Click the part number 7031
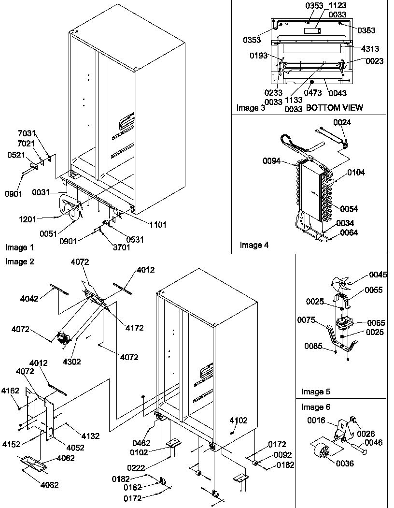click(27, 134)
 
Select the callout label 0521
click(16, 155)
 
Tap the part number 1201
click(28, 219)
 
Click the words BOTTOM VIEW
click(335, 107)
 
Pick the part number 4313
click(369, 49)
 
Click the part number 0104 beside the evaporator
click(356, 172)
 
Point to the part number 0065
click(375, 322)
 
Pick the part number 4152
click(12, 444)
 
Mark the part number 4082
click(49, 484)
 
